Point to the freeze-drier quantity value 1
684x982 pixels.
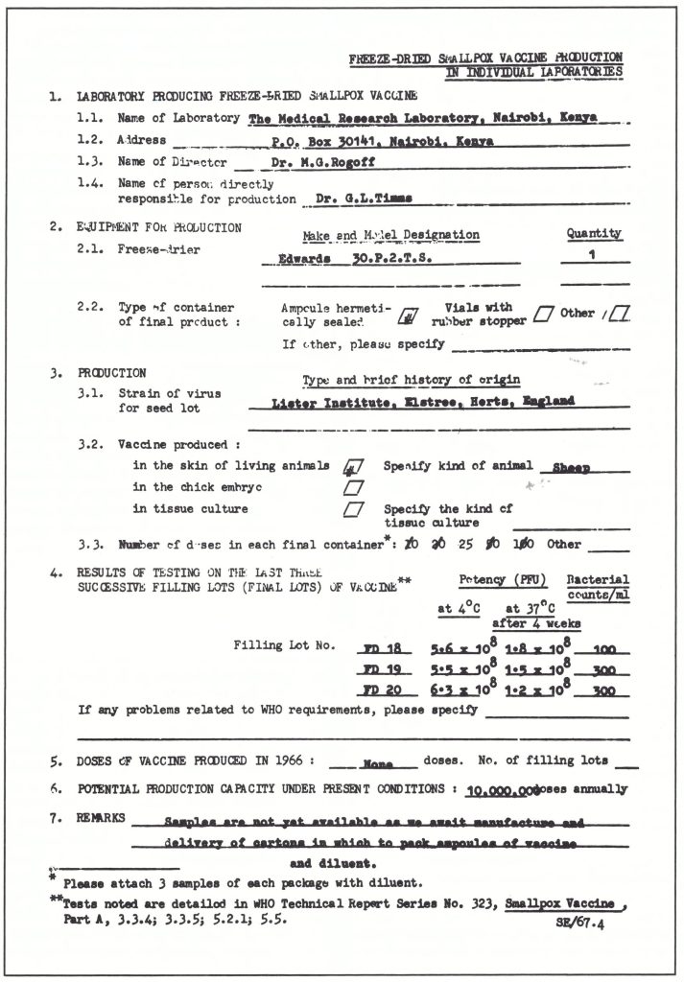[593, 257]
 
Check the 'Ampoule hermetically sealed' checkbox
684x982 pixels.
[407, 316]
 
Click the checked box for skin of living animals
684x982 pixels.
[352, 467]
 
